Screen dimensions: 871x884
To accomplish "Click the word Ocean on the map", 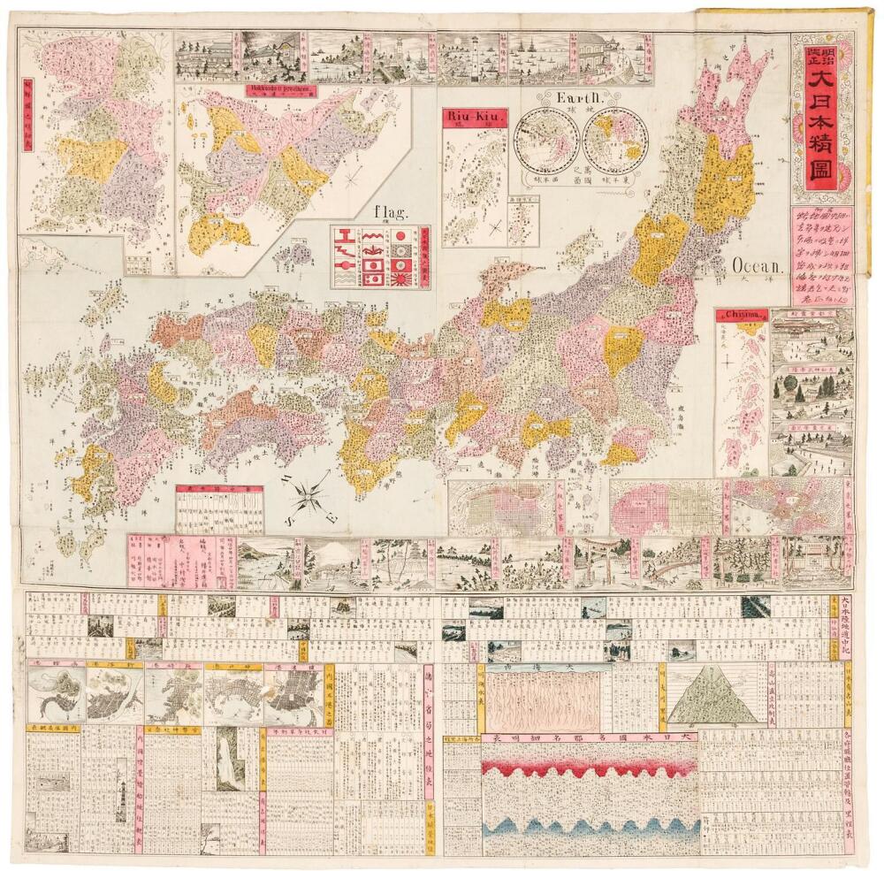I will tap(758, 265).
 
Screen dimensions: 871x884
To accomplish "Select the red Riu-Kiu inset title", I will tap(471, 117).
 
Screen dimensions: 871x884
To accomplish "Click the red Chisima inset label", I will tap(741, 315).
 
